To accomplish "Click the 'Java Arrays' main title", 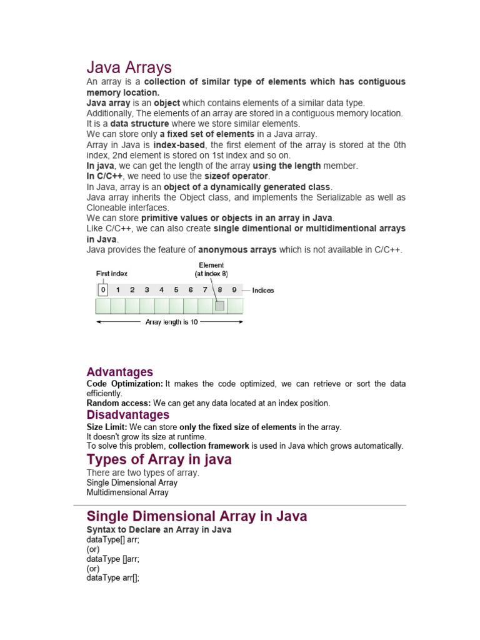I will pyautogui.click(x=129, y=67).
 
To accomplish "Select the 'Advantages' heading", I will pyautogui.click(x=119, y=372).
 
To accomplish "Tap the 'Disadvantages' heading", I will pyautogui.click(x=127, y=415).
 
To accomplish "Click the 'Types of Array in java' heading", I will pyautogui.click(x=159, y=460).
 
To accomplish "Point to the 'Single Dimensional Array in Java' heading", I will pyautogui.click(x=196, y=516).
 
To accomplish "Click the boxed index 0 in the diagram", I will pyautogui.click(x=102, y=290).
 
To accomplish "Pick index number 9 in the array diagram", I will pyautogui.click(x=234, y=290).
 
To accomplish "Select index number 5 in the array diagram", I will pyautogui.click(x=176, y=290).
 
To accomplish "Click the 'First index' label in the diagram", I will pyautogui.click(x=112, y=274).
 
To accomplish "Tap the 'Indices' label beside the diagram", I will pyautogui.click(x=262, y=291).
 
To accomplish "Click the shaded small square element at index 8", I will pyautogui.click(x=219, y=306).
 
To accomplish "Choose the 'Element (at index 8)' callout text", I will pyautogui.click(x=211, y=269).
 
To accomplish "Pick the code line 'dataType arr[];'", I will pyautogui.click(x=112, y=578).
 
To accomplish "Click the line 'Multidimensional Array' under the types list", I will pyautogui.click(x=127, y=492).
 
